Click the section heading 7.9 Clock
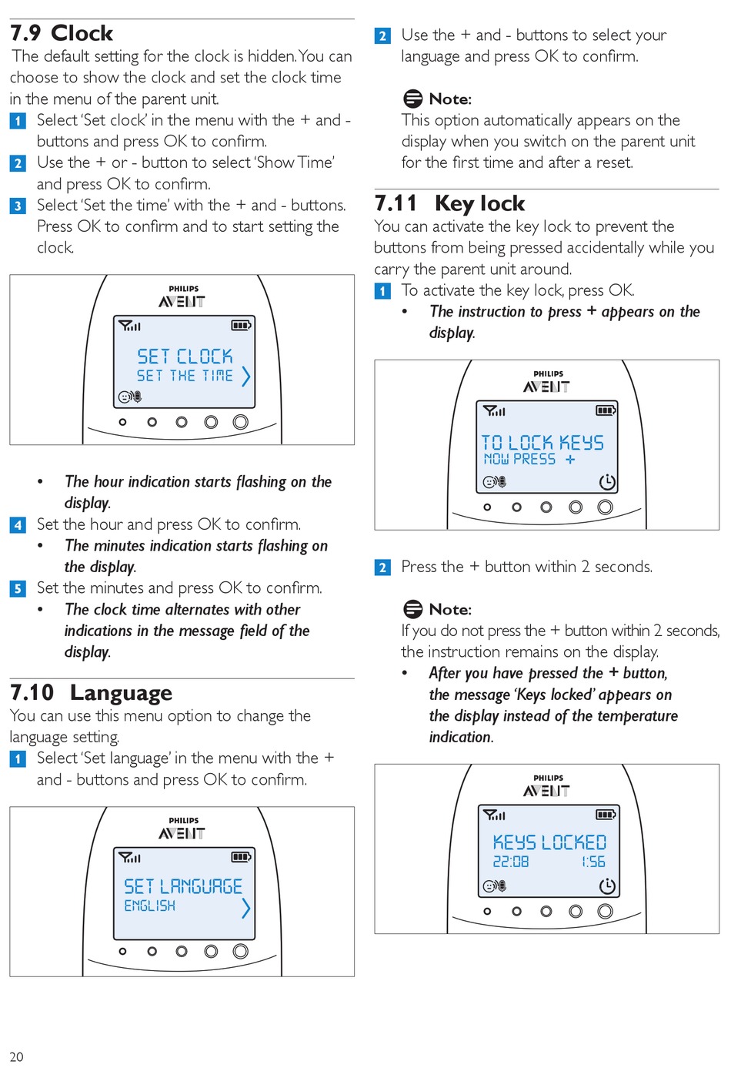coord(62,33)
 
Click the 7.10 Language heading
coord(91,692)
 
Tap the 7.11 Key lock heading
coord(449,203)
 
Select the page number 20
coord(16,1056)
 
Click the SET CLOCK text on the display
coord(185,356)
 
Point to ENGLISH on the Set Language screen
coord(150,906)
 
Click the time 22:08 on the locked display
coord(511,862)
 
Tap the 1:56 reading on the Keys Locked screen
coord(592,862)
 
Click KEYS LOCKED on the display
coord(549,842)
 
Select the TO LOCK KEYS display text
coord(542,443)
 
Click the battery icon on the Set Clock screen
coord(242,325)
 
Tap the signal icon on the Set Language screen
coord(129,857)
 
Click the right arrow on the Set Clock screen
coord(245,376)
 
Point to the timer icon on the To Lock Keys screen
coord(607,482)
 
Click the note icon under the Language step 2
coord(413,99)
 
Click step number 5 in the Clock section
coord(18,588)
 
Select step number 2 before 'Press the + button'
coord(382,567)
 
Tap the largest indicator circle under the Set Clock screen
coord(241,422)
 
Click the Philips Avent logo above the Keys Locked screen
coord(547,786)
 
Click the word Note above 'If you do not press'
coord(450,609)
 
